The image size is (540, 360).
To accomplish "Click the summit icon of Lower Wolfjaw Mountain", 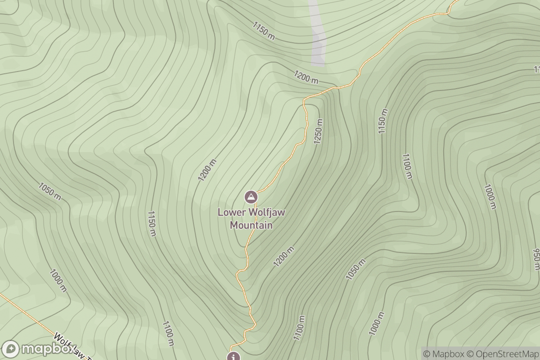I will click(x=251, y=197).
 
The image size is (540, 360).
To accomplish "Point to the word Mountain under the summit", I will click(x=251, y=225).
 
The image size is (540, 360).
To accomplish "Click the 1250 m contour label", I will click(x=319, y=131).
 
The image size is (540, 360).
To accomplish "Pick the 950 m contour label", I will click(x=536, y=259).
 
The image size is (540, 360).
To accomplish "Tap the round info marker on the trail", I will click(x=233, y=357).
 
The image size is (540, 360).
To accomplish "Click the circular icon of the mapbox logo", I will click(x=11, y=349).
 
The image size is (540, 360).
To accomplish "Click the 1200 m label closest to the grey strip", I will click(x=306, y=77).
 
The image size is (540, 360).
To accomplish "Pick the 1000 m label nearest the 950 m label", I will click(x=490, y=197).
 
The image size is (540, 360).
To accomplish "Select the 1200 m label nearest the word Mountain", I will click(x=284, y=256).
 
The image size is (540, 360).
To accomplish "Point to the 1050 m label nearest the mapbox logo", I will click(x=50, y=191).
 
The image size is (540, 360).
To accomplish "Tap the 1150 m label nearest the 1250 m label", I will click(x=382, y=121).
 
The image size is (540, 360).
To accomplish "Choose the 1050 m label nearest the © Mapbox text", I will click(x=355, y=269).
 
